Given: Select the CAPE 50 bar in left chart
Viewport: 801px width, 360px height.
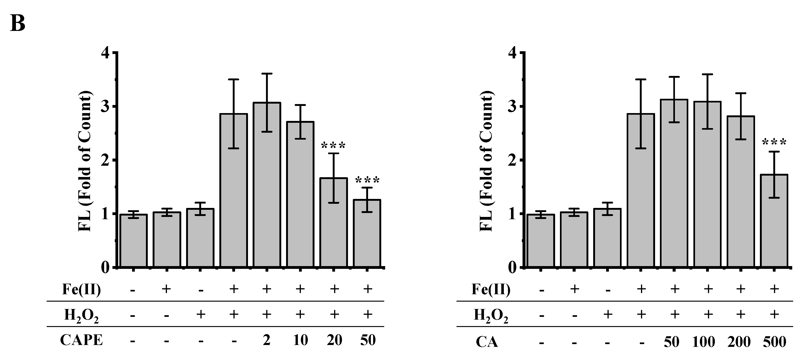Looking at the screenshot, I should [367, 233].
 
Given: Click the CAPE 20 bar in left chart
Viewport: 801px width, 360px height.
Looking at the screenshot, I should [334, 222].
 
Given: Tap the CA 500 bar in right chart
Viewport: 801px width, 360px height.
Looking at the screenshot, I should [774, 221].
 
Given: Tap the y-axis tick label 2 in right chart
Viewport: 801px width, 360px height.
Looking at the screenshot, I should [512, 160].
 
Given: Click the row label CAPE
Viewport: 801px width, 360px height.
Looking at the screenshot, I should [82, 340].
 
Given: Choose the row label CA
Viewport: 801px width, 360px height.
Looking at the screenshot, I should [487, 342].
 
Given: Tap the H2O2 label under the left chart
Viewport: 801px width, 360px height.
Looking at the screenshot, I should [82, 315].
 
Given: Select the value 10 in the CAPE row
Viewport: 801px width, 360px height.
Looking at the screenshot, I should [300, 340].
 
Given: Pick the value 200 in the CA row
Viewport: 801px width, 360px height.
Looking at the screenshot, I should [739, 342].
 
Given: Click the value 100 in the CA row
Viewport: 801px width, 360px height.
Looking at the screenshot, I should [703, 342].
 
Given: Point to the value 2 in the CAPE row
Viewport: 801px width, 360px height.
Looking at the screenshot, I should [266, 340].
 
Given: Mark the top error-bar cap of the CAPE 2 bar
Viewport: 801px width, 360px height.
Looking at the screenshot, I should [267, 74].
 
